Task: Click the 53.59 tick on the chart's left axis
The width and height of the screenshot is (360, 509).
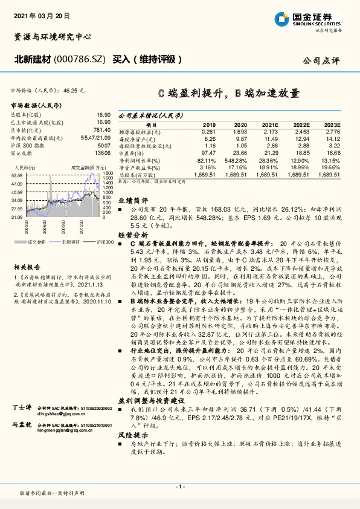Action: tap(16, 174)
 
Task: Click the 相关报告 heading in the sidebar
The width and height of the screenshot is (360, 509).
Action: tap(27, 265)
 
